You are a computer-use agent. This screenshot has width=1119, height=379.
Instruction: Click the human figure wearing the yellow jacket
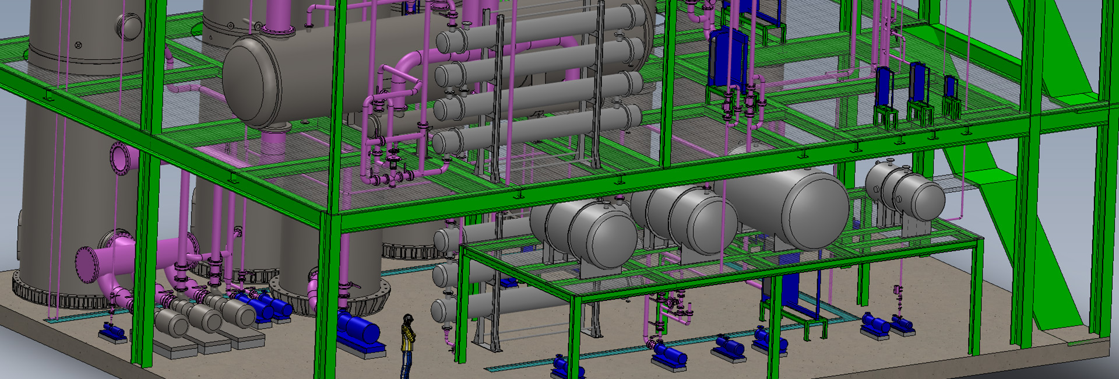pyautogui.click(x=408, y=344)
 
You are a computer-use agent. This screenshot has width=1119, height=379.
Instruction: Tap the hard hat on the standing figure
pyautogui.click(x=409, y=318)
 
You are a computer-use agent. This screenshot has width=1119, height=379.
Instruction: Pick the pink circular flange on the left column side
pyautogui.click(x=120, y=157)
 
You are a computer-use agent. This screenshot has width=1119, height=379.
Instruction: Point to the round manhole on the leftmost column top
pyautogui.click(x=129, y=26)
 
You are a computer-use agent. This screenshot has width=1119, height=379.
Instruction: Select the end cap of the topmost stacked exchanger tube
pyautogui.click(x=449, y=42)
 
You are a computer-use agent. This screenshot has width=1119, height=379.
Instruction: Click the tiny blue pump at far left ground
pyautogui.click(x=112, y=332)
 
